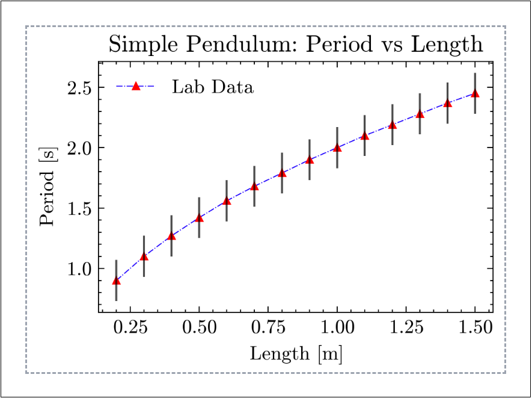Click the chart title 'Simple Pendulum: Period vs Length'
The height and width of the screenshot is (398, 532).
295,45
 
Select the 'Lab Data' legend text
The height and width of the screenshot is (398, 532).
213,87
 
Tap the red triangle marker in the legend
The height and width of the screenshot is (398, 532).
136,87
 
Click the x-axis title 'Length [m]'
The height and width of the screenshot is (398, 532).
296,353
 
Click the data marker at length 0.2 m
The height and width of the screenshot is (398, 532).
117,281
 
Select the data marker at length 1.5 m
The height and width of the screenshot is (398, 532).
475,93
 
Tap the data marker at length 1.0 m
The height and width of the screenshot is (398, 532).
337,148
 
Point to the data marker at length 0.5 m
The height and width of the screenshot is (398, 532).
199,218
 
